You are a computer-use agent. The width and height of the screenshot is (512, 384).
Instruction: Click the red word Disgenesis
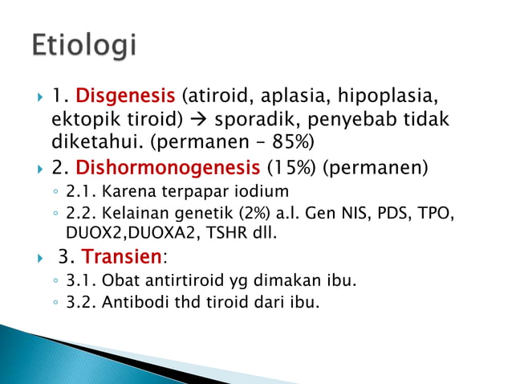126,97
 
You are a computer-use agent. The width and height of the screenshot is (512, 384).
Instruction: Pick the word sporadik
251,121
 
